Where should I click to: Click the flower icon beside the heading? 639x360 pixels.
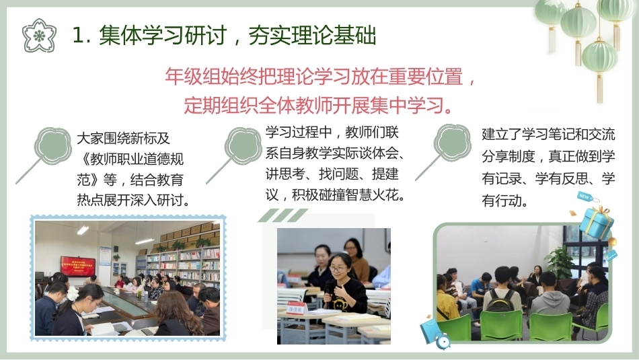39,36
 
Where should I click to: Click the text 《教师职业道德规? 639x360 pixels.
130,159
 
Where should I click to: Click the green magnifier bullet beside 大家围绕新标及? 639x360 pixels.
45,153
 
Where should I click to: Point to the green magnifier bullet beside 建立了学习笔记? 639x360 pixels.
444,151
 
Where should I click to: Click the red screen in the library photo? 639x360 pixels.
78,266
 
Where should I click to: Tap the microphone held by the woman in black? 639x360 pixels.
328,290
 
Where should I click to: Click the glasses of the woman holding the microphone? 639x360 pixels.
338,268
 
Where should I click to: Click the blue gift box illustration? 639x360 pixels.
596,223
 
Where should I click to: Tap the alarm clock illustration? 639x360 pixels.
443,341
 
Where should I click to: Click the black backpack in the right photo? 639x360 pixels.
500,301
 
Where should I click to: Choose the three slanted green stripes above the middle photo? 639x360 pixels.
283,215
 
